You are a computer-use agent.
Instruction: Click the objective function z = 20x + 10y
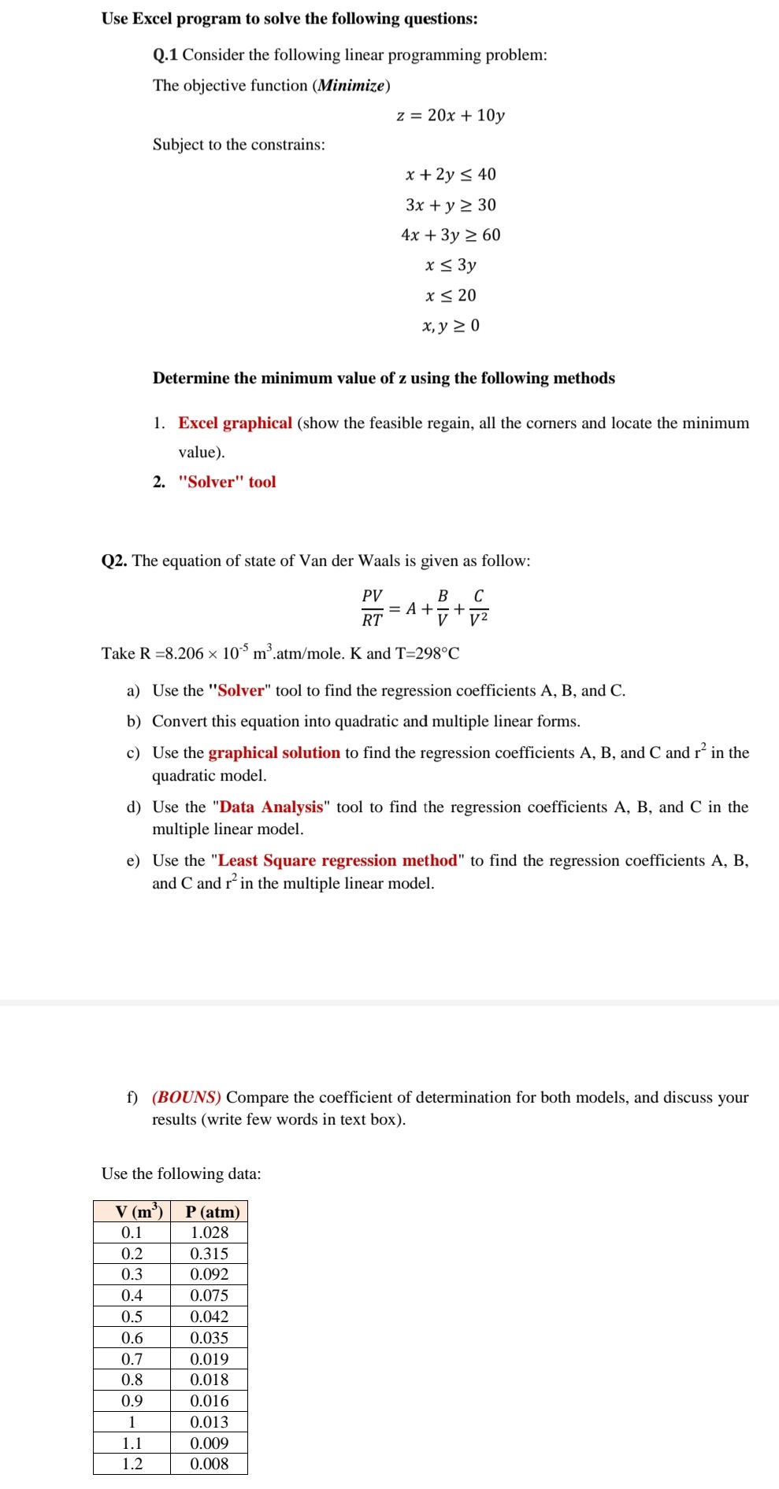[x=450, y=116]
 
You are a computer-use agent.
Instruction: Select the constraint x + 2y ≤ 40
[x=451, y=175]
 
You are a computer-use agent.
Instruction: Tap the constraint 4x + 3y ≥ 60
[x=451, y=235]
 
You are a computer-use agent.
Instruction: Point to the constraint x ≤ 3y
[x=451, y=265]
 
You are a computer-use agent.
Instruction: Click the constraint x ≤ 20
[x=451, y=296]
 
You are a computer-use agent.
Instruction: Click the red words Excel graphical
[x=235, y=423]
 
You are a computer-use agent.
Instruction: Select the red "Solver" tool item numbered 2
[x=227, y=482]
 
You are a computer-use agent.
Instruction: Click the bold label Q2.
[x=114, y=561]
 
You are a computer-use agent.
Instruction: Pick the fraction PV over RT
[x=372, y=608]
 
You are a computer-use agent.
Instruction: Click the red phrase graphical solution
[x=274, y=753]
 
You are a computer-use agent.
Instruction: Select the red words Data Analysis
[x=271, y=807]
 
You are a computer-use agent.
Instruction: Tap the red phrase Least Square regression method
[x=337, y=861]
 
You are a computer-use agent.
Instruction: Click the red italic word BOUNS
[x=187, y=1098]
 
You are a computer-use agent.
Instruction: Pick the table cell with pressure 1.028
[x=210, y=1233]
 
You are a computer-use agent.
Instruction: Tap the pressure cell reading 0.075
[x=210, y=1296]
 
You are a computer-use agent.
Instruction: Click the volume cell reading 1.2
[x=132, y=1465]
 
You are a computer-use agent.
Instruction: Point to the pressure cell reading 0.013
[x=210, y=1423]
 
